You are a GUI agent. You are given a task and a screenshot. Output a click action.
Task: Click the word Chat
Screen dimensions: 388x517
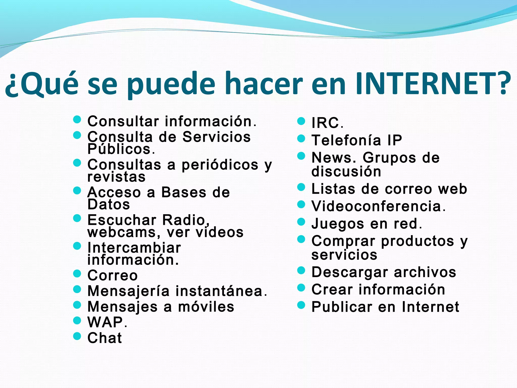[x=105, y=338]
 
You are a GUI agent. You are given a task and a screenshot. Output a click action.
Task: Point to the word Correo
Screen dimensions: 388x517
[x=113, y=275]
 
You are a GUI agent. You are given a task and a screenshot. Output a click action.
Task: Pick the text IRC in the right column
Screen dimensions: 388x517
[x=325, y=123]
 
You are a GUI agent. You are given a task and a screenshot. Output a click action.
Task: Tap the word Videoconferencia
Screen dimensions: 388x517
[x=376, y=206]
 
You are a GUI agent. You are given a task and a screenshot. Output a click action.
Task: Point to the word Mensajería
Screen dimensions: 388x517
[x=128, y=291]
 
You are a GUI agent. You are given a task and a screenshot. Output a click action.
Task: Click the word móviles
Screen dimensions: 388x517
[x=206, y=307]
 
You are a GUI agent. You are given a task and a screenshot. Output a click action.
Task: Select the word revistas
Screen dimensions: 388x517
[x=116, y=177]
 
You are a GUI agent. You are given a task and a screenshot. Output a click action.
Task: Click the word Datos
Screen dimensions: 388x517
[x=109, y=204]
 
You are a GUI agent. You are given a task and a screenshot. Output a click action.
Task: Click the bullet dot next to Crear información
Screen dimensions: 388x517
[x=301, y=288]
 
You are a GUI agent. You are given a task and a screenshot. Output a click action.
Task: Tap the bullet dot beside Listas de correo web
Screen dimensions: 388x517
[x=301, y=187]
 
